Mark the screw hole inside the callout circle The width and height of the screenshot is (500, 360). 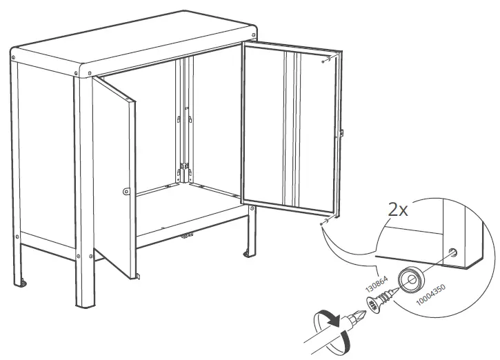tap(452, 252)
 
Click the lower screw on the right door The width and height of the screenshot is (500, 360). tap(322, 222)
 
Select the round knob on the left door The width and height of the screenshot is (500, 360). tap(125, 191)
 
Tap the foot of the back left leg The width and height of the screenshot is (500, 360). tap(24, 281)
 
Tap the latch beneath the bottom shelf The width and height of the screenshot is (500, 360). tap(185, 237)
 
